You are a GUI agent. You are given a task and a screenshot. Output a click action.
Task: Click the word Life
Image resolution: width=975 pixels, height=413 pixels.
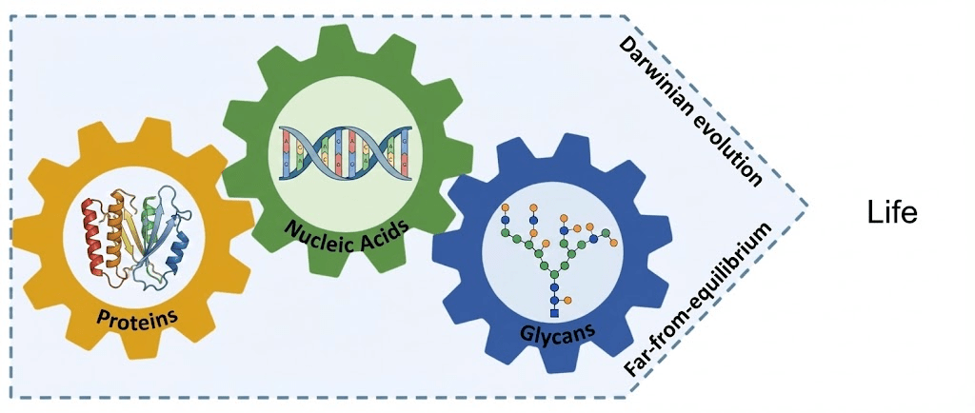tap(891, 212)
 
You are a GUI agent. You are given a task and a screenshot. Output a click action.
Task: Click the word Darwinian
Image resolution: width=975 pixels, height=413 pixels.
tap(657, 76)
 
